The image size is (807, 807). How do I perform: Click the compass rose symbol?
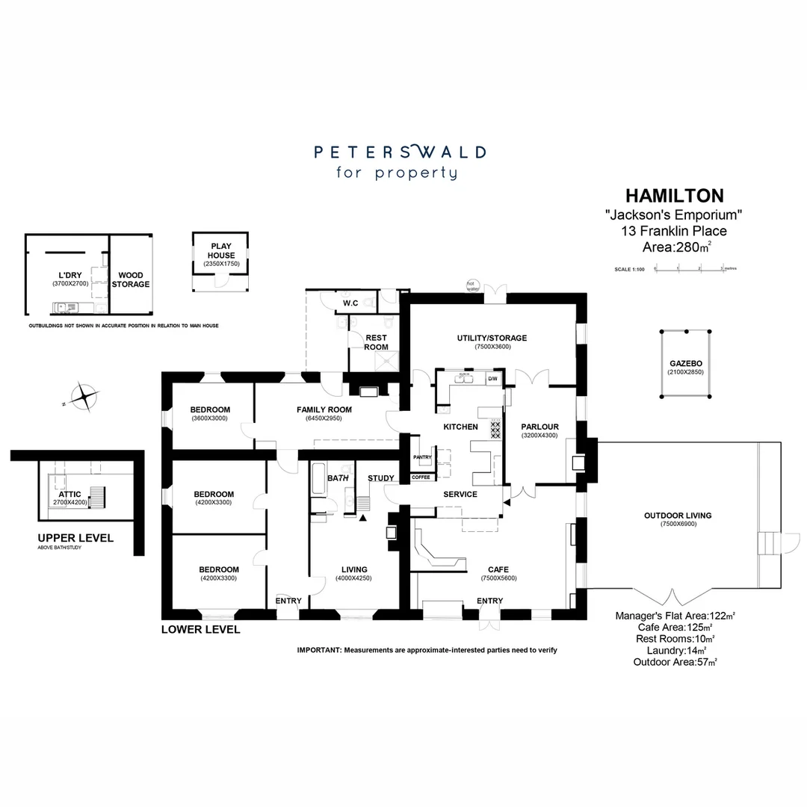point(84,395)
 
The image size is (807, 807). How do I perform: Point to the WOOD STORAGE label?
point(131,279)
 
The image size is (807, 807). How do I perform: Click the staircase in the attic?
point(97,497)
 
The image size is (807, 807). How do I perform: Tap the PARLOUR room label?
point(539,427)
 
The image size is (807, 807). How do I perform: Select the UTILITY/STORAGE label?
point(492,338)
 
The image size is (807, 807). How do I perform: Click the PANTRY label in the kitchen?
point(422,457)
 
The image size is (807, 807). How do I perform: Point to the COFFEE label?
point(421,477)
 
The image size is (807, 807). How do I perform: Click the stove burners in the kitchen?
point(495,429)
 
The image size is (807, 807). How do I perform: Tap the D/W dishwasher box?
point(492,380)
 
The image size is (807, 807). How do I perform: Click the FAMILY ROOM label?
point(324,409)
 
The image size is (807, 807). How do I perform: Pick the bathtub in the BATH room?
point(318,480)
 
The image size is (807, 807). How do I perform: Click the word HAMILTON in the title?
point(674,196)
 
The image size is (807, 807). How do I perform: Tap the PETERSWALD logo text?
point(400,152)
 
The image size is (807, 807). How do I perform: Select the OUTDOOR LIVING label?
point(677,515)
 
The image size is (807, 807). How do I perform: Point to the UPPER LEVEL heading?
point(75,538)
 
